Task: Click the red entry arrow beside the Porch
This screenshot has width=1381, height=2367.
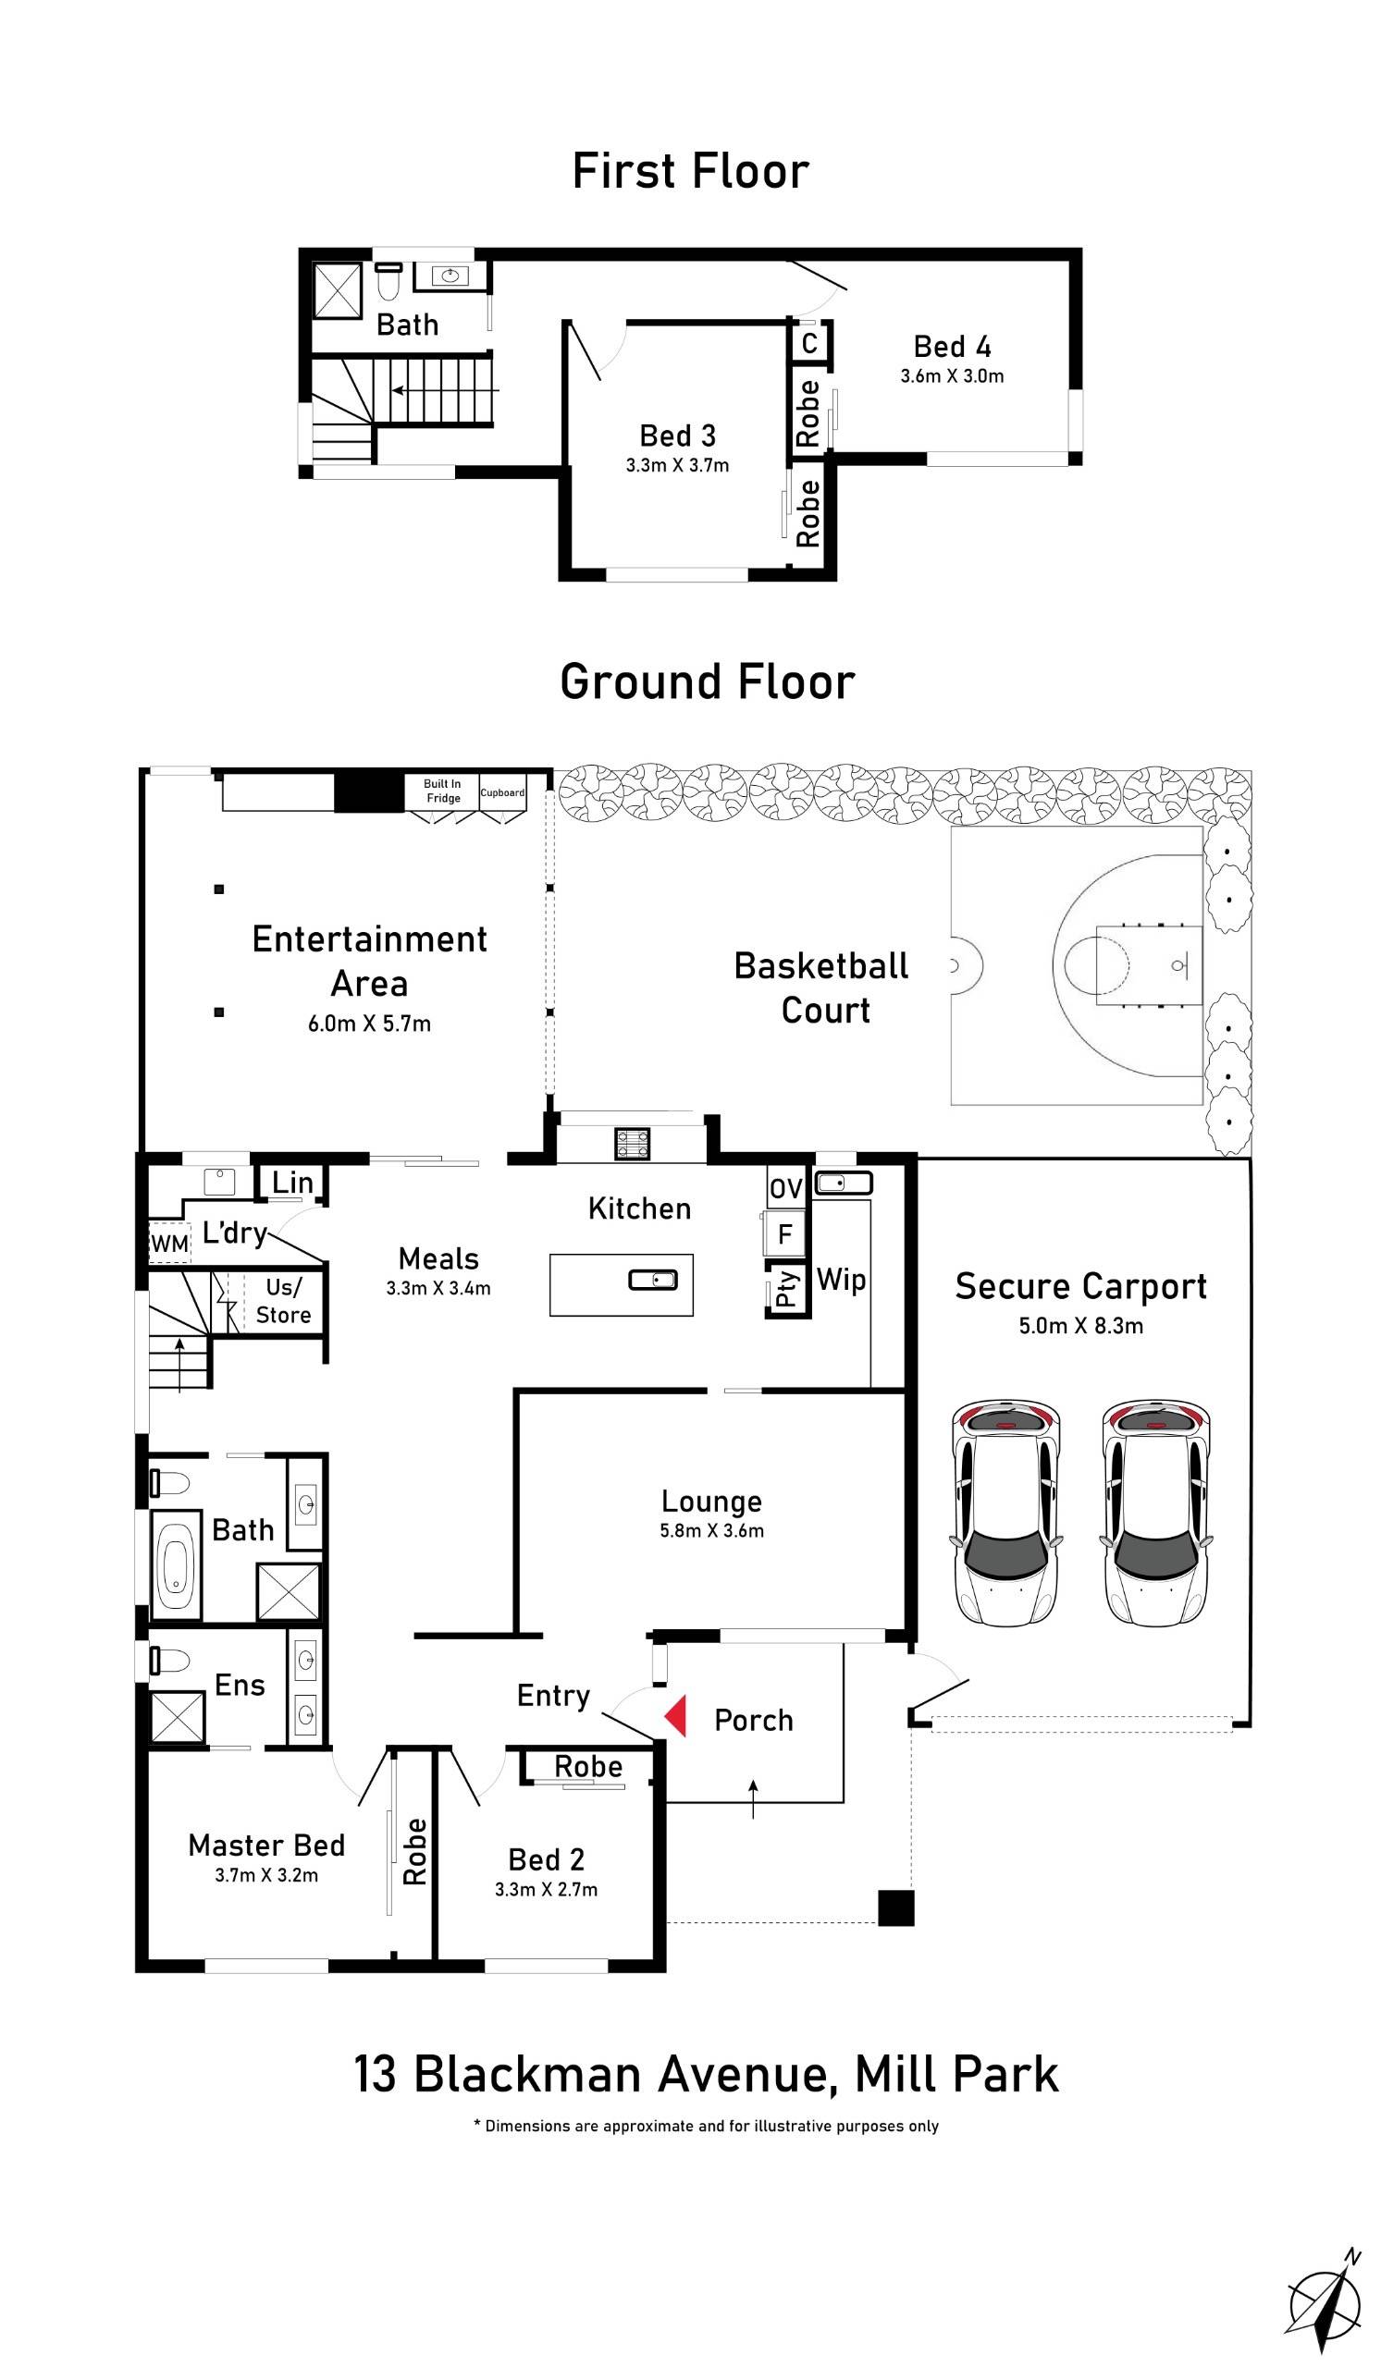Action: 675,1715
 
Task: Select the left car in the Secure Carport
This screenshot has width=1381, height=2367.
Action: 1005,1514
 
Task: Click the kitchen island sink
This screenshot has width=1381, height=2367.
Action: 652,1280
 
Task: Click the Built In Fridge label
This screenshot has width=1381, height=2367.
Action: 442,791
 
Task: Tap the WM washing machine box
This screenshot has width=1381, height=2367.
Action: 169,1244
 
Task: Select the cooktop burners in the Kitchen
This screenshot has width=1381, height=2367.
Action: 632,1143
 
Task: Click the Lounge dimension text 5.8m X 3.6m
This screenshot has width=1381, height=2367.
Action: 711,1530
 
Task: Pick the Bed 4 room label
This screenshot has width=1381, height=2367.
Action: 952,347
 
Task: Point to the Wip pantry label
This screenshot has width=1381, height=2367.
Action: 841,1280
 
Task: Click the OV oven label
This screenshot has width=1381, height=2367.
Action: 785,1189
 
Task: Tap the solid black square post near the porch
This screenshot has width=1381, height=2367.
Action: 895,1907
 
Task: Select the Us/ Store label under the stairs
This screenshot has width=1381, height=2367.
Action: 283,1301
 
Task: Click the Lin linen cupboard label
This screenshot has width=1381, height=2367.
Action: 292,1183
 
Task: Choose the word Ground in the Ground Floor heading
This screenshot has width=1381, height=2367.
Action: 639,682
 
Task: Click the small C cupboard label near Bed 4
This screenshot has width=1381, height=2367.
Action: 808,343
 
